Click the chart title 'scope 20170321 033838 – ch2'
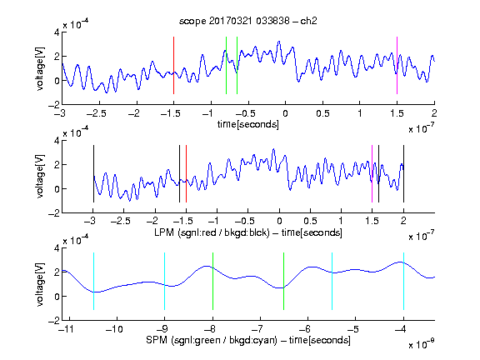pyautogui.click(x=248, y=21)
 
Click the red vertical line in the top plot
pyautogui.click(x=173, y=65)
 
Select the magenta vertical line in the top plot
pyautogui.click(x=397, y=65)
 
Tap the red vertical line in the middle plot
pyautogui.click(x=186, y=173)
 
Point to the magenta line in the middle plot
pyautogui.click(x=372, y=173)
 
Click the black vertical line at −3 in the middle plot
pyautogui.click(x=93, y=173)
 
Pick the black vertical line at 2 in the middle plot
pyautogui.click(x=403, y=173)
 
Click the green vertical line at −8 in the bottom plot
pyautogui.click(x=212, y=281)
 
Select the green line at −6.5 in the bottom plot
pyautogui.click(x=284, y=281)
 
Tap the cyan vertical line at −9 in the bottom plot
pyautogui.click(x=164, y=281)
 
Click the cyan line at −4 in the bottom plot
pyautogui.click(x=403, y=281)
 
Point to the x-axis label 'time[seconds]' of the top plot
pyautogui.click(x=248, y=124)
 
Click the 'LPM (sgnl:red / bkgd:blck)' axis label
pyautogui.click(x=212, y=232)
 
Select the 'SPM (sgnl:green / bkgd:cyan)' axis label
pyautogui.click(x=212, y=340)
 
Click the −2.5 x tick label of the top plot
pyautogui.click(x=97, y=113)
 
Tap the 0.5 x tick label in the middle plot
pyautogui.click(x=310, y=221)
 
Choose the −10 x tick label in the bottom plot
pyautogui.click(x=114, y=329)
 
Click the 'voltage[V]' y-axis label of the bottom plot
pyautogui.click(x=40, y=284)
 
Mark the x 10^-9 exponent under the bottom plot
pyautogui.click(x=421, y=343)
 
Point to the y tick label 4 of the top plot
pyautogui.click(x=57, y=32)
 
